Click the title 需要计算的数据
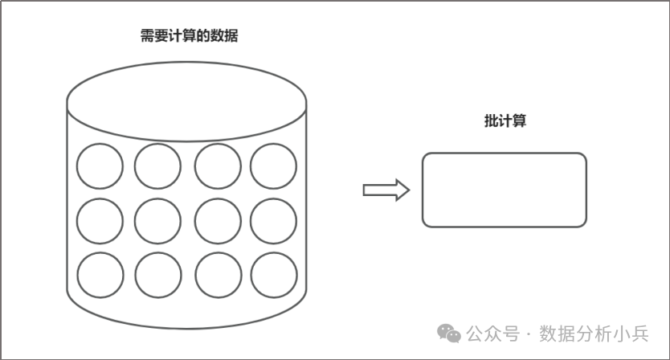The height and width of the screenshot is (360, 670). [189, 36]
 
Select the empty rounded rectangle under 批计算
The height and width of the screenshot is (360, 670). [504, 190]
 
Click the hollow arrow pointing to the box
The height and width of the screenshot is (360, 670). [386, 190]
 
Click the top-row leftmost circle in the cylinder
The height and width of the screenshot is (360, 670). [100, 166]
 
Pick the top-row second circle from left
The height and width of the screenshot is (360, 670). [157, 166]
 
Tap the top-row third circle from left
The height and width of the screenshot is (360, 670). [217, 166]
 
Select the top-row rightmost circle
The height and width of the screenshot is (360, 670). [273, 166]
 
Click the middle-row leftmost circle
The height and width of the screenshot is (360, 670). [100, 220]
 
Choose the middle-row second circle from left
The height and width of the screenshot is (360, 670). [157, 220]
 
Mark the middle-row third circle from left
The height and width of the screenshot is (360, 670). [217, 220]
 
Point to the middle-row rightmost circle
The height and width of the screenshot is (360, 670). [273, 220]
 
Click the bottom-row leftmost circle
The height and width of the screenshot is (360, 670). [100, 275]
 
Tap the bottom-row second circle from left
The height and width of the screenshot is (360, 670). [157, 275]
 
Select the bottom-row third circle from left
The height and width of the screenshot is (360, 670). [217, 275]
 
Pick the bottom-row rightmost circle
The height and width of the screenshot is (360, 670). [273, 275]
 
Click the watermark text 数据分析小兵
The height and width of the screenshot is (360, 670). [594, 333]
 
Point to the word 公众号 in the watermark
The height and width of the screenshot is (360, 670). [492, 333]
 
